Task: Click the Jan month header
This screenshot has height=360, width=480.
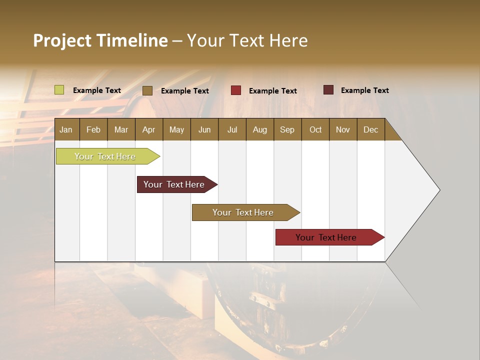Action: pos(66,129)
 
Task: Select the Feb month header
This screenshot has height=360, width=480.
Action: pos(93,129)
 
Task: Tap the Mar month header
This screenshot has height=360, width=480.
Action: pos(121,129)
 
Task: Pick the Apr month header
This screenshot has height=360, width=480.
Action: pos(149,129)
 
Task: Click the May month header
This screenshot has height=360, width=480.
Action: pos(176,129)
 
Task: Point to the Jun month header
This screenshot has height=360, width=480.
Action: pos(204,129)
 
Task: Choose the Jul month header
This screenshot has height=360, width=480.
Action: pos(232,129)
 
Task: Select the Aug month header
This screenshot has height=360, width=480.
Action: pos(260,129)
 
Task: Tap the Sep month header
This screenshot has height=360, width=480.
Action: pos(287,129)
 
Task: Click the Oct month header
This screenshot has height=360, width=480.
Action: pos(315,129)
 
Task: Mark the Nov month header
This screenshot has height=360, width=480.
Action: pos(343,129)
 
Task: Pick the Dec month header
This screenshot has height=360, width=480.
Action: pos(371,129)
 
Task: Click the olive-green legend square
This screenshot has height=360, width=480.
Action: pos(59,90)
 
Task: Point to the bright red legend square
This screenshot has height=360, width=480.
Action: pos(236,90)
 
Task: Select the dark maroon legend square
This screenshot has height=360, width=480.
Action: pos(328,90)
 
